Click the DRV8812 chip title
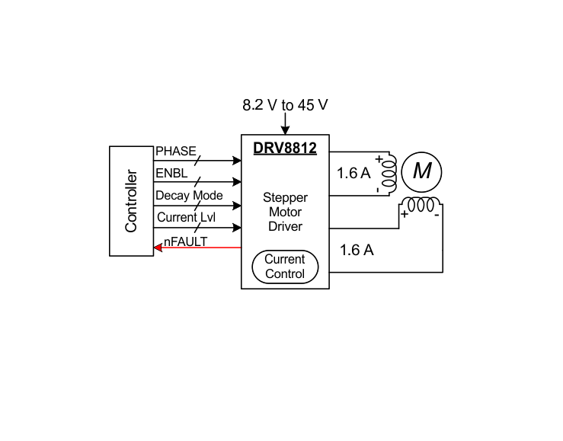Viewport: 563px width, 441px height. point(285,149)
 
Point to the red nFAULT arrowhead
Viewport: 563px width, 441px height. point(158,248)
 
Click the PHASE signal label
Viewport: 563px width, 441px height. point(176,151)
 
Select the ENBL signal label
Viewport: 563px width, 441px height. point(171,174)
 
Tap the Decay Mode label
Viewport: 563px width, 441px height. point(189,196)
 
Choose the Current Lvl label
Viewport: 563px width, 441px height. point(187,217)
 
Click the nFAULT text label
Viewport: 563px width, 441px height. point(185,242)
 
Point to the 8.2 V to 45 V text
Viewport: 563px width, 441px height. point(285,105)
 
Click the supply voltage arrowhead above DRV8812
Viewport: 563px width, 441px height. point(285,130)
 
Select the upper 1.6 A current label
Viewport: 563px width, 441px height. point(353,173)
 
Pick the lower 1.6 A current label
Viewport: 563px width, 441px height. point(357,250)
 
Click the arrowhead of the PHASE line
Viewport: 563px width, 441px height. point(237,161)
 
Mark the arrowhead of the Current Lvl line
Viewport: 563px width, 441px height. point(237,228)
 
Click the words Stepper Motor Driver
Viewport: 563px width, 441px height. point(285,212)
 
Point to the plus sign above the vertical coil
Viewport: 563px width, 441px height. point(379,158)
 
